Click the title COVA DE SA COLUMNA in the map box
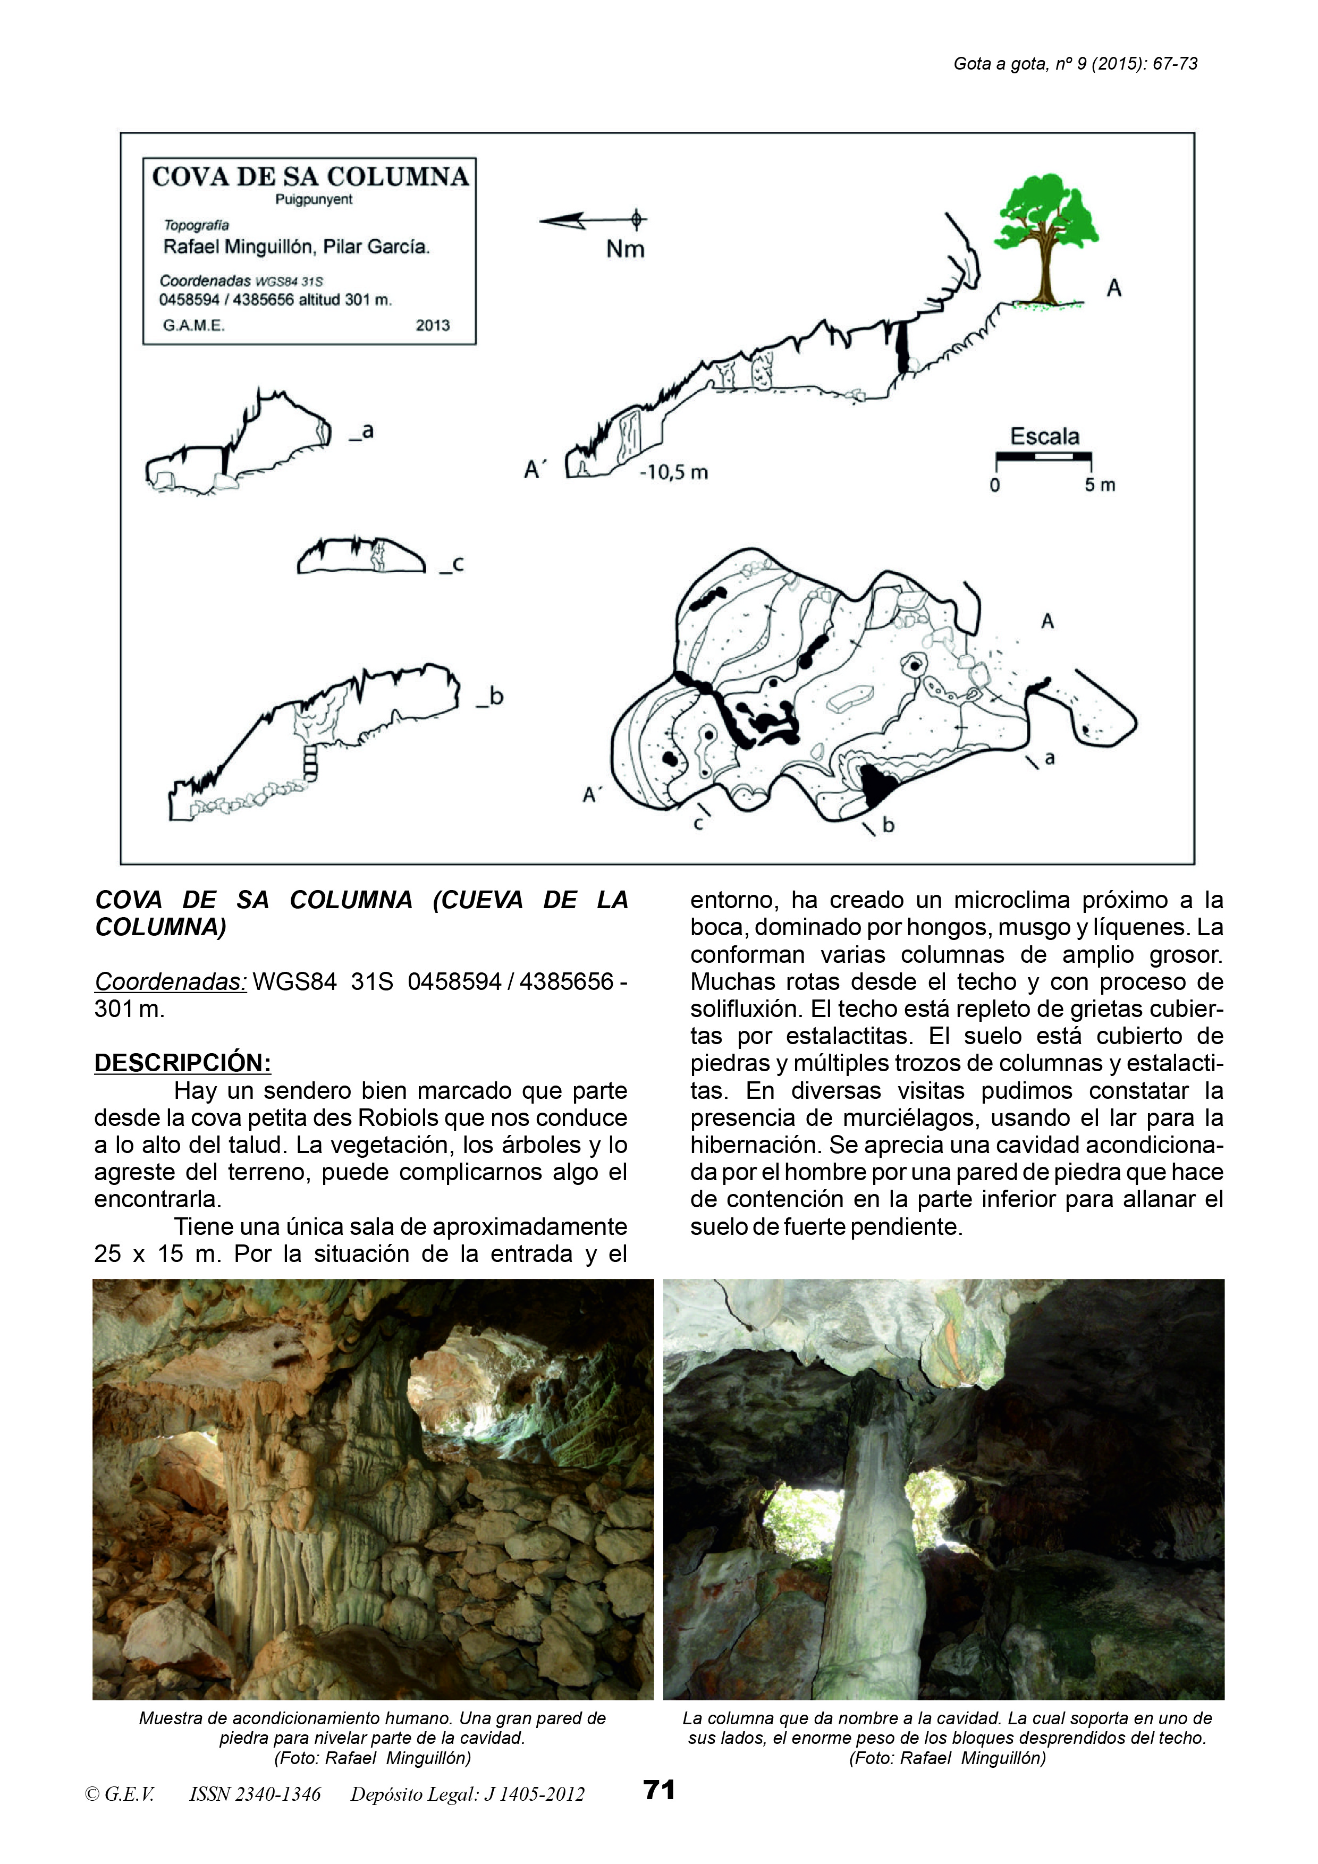tap(310, 177)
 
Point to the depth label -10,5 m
tap(673, 472)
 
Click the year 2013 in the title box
tap(432, 326)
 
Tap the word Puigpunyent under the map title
tap(314, 200)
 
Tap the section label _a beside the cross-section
tap(362, 432)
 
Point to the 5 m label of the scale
tap(1100, 486)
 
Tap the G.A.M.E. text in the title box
tap(194, 326)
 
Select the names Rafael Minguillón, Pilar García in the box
tap(297, 247)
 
